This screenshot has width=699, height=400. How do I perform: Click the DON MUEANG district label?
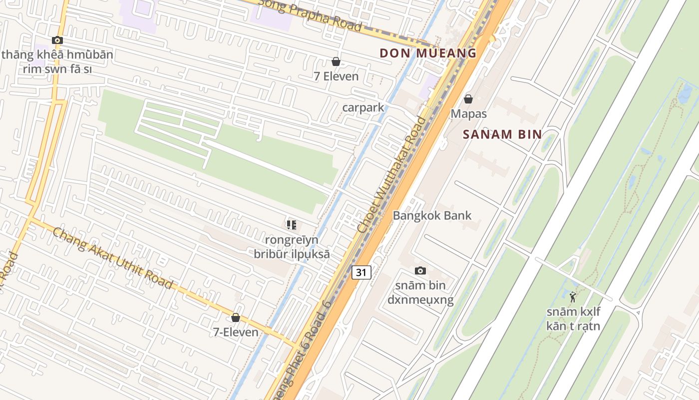click(x=428, y=52)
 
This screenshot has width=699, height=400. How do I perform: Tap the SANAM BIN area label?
click(x=502, y=134)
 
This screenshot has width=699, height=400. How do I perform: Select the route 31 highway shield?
click(x=362, y=272)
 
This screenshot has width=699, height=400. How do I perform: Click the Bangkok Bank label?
click(x=432, y=215)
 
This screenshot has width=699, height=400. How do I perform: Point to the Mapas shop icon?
click(x=468, y=99)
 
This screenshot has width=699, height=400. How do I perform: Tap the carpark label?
click(x=363, y=107)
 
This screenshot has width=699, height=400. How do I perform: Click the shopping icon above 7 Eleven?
click(x=336, y=61)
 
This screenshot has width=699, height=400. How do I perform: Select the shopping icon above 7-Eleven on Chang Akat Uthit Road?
click(x=236, y=317)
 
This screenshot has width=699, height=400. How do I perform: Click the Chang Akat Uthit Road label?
click(x=112, y=258)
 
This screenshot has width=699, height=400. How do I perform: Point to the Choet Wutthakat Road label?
click(x=392, y=174)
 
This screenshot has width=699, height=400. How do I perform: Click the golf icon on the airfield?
click(x=573, y=297)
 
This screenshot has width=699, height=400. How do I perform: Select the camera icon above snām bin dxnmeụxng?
click(x=420, y=270)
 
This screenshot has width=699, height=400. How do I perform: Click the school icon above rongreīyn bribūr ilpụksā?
click(x=292, y=225)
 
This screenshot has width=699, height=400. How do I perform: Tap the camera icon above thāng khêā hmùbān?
click(x=57, y=40)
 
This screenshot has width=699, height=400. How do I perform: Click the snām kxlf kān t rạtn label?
click(x=573, y=319)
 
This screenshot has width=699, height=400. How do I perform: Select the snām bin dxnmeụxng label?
click(x=420, y=292)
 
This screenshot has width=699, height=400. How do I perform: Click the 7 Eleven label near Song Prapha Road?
click(x=336, y=76)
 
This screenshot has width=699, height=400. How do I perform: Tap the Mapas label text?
click(x=468, y=113)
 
